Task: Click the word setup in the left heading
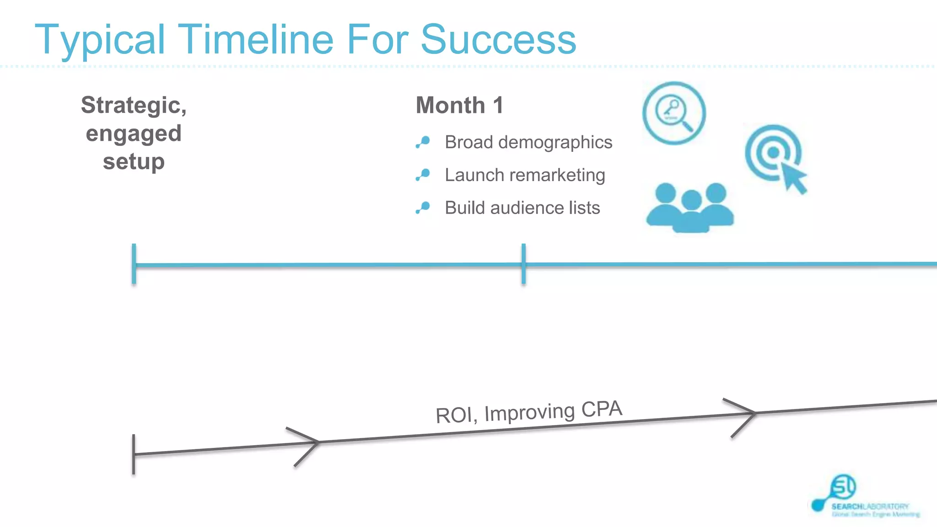(x=134, y=161)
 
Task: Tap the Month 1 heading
(x=459, y=105)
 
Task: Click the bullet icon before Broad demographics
(x=423, y=142)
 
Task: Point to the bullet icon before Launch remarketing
(x=423, y=175)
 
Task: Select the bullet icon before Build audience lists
(x=423, y=208)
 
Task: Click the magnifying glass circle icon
(x=673, y=113)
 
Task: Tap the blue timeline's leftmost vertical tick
(x=134, y=264)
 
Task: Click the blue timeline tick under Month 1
(x=523, y=264)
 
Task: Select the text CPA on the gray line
(x=602, y=409)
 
